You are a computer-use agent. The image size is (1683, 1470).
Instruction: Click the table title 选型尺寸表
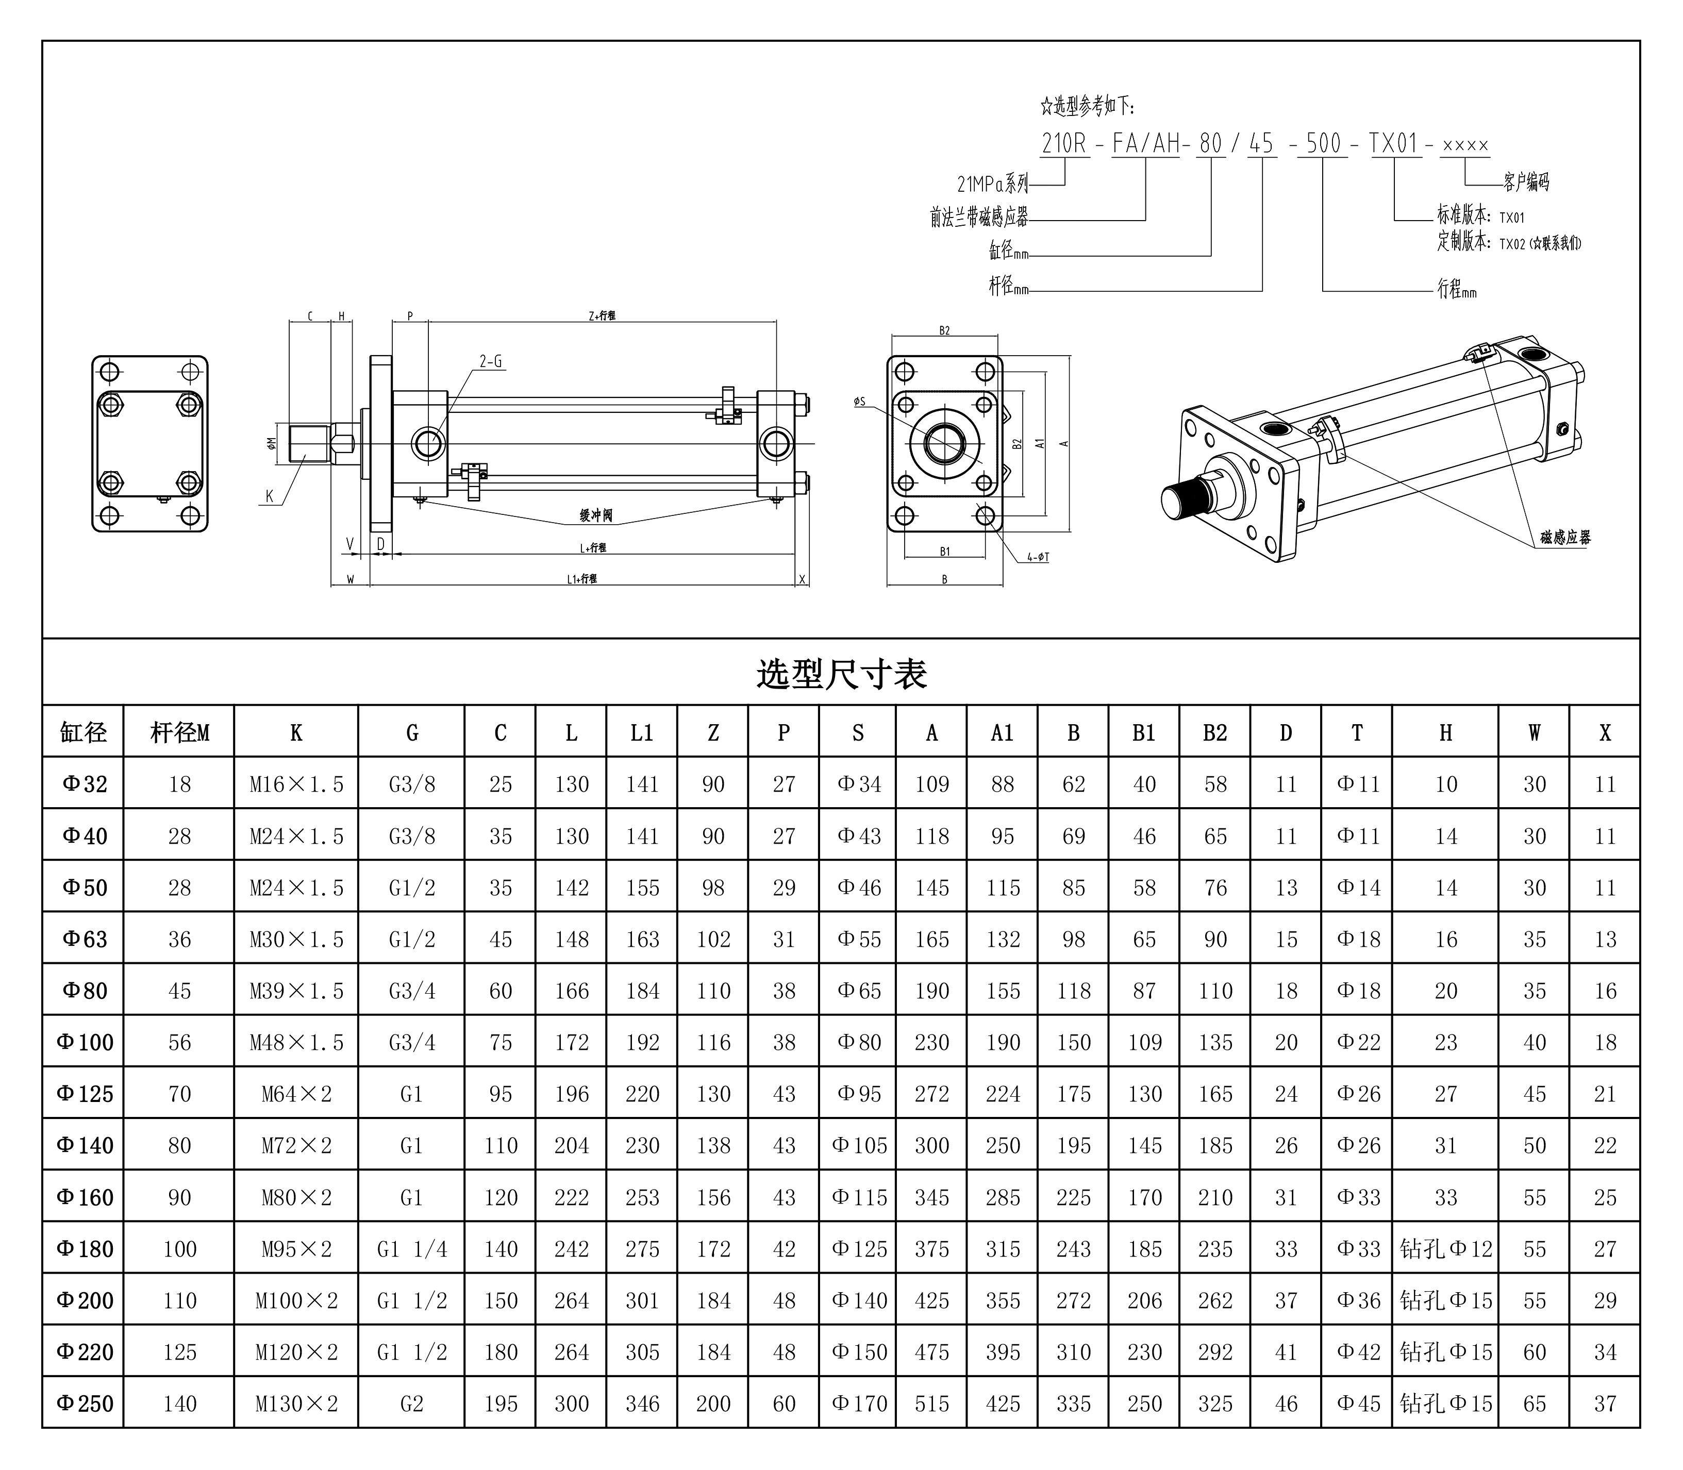[841, 674]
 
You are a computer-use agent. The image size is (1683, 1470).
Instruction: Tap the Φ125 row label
[85, 1093]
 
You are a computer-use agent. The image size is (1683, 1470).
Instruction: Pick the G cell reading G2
[412, 1404]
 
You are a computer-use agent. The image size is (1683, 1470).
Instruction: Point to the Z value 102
[713, 939]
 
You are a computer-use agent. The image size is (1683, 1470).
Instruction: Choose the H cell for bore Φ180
[1445, 1248]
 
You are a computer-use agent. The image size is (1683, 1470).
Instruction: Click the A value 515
[932, 1404]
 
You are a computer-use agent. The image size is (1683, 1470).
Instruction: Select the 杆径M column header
[179, 732]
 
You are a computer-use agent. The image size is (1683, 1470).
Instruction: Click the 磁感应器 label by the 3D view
[1565, 537]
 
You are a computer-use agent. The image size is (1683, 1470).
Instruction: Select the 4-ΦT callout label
[1038, 558]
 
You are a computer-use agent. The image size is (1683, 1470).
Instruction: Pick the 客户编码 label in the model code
[1526, 182]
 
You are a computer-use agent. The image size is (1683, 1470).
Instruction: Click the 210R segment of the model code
[1064, 144]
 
